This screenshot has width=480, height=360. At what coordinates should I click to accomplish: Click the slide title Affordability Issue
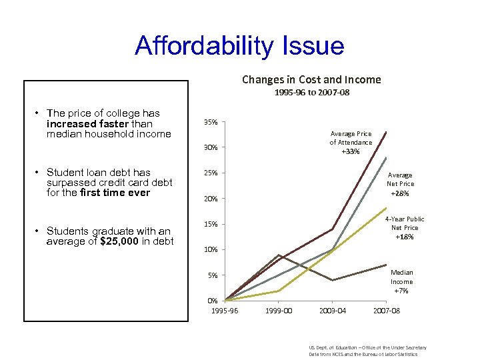pyautogui.click(x=239, y=46)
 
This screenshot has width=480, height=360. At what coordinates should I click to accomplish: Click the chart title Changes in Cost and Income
pyautogui.click(x=311, y=79)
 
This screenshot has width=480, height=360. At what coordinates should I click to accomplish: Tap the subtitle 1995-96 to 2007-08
pyautogui.click(x=311, y=93)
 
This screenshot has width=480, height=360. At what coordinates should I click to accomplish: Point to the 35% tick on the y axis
pyautogui.click(x=209, y=123)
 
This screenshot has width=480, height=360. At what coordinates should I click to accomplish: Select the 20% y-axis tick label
pyautogui.click(x=209, y=199)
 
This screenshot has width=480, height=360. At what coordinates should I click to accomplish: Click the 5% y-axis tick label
pyautogui.click(x=211, y=275)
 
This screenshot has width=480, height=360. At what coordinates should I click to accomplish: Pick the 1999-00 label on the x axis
pyautogui.click(x=279, y=311)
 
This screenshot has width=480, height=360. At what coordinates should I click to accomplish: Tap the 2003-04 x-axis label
pyautogui.click(x=333, y=311)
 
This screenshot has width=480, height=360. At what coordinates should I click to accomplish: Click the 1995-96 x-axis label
pyautogui.click(x=225, y=311)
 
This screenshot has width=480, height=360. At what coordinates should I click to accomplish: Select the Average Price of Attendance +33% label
pyautogui.click(x=351, y=143)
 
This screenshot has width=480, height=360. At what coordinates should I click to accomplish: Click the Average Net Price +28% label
pyautogui.click(x=401, y=184)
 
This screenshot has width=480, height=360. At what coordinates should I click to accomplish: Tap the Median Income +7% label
pyautogui.click(x=401, y=281)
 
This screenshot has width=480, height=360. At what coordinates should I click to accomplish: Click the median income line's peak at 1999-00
pyautogui.click(x=279, y=255)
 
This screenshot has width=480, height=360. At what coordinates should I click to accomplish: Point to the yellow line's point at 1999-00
pyautogui.click(x=279, y=291)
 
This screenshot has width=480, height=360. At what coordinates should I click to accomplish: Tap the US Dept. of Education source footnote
pyautogui.click(x=367, y=351)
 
